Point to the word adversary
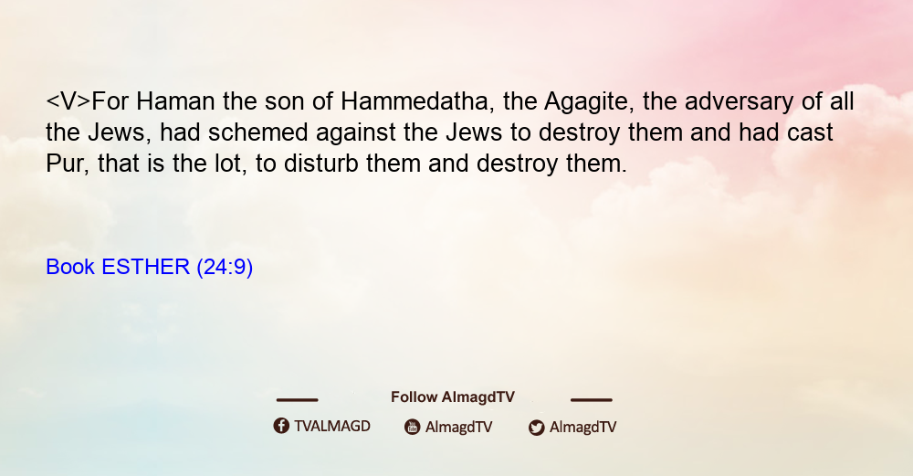point(739,102)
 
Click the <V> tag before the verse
point(68,102)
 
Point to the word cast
point(810,133)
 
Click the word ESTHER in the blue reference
point(145,267)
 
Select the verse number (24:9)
point(225,268)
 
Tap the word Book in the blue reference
point(70,267)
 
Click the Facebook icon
point(281,426)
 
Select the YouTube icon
point(413,427)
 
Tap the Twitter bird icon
point(536,427)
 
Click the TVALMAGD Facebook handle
point(332,426)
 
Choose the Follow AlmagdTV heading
point(453,397)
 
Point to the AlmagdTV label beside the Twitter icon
point(582,427)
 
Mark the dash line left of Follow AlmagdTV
point(297,399)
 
